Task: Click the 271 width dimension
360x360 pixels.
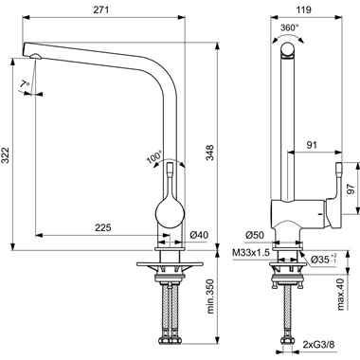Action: tap(120, 8)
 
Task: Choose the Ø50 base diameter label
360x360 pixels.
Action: tap(254, 234)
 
